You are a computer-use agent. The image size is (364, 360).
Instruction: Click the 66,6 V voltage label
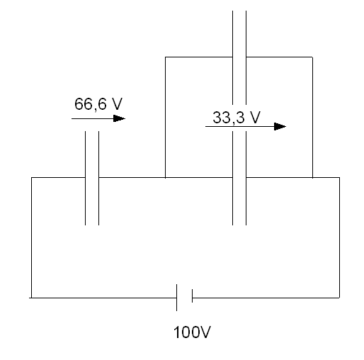click(x=98, y=104)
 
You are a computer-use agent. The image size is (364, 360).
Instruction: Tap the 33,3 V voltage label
click(x=237, y=118)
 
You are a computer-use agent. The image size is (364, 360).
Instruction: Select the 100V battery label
click(x=192, y=332)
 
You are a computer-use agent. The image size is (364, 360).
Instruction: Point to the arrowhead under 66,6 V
click(x=119, y=118)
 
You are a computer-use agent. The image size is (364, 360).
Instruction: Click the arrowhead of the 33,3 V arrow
click(x=280, y=126)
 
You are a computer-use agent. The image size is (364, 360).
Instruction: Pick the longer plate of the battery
click(x=176, y=298)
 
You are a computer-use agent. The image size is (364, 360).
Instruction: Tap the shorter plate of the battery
click(x=192, y=296)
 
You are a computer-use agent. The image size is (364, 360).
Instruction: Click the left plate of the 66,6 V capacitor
click(x=85, y=178)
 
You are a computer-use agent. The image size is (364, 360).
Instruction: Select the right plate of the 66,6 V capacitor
click(x=98, y=178)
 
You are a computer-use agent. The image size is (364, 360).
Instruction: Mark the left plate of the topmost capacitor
click(x=232, y=57)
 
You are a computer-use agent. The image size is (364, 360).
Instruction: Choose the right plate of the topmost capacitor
click(x=246, y=57)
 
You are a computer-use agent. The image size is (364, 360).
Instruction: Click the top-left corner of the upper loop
click(x=165, y=57)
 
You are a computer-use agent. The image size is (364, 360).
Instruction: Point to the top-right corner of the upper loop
click(x=312, y=57)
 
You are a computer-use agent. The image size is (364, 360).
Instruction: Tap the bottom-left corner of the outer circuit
click(x=31, y=298)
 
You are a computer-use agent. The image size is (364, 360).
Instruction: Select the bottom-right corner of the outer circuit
click(x=339, y=298)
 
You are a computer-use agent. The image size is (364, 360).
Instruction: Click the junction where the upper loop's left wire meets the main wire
click(x=165, y=177)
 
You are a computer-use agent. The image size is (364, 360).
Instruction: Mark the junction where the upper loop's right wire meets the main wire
click(x=312, y=177)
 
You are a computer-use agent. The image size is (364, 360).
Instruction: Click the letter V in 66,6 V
click(x=117, y=103)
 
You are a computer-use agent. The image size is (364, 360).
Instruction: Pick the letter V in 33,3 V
click(x=255, y=117)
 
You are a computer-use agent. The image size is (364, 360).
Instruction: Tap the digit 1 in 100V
click(x=177, y=332)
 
